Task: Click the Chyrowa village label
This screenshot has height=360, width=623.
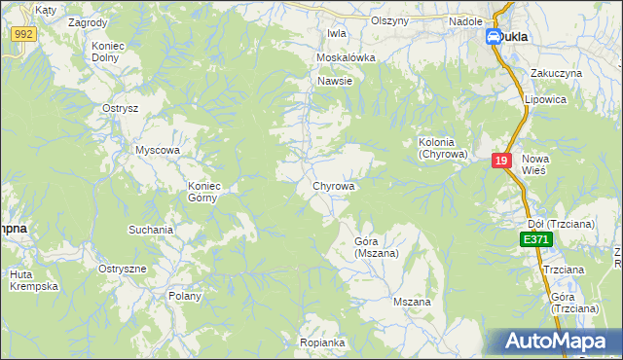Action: pos(333,185)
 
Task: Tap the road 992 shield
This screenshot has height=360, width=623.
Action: pos(24,34)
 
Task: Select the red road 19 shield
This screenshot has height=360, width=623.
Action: pos(501,162)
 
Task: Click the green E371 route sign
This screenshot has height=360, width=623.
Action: pos(535,239)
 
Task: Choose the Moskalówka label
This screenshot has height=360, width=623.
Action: pos(346,57)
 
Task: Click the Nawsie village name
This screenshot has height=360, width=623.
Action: pos(334,81)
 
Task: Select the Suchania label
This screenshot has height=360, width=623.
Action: pos(151,230)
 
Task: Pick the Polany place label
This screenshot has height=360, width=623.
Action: pos(185,296)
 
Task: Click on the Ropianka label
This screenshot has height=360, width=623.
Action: pos(323,342)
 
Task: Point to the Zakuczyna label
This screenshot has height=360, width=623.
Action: pos(556,73)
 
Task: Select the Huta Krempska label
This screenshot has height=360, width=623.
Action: pos(35,280)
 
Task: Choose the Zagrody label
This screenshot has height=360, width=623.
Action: pos(89,20)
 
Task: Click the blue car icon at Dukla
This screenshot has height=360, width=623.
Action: pos(494,37)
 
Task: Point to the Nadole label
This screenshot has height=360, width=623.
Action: pos(465,20)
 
